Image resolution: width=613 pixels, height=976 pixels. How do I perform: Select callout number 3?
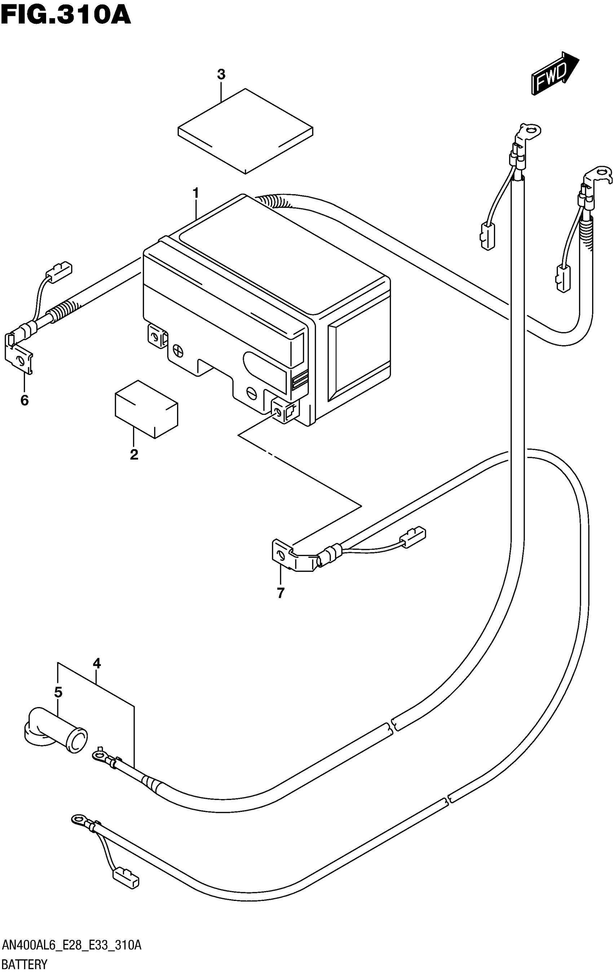(x=221, y=75)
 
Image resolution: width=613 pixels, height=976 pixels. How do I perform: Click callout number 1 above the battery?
(x=196, y=193)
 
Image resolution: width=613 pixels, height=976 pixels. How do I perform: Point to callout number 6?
(x=24, y=401)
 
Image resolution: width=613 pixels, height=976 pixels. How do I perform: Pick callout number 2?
(x=134, y=454)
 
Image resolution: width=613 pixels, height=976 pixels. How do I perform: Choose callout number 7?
(x=281, y=593)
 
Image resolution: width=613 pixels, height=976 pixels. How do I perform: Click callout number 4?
(x=96, y=664)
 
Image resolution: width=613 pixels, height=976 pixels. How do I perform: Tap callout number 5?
(x=58, y=692)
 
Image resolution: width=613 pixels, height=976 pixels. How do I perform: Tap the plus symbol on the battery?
(x=178, y=351)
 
